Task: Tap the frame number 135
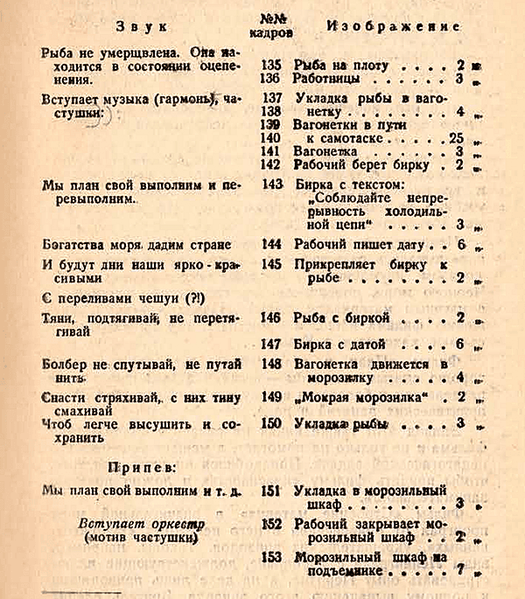(272, 65)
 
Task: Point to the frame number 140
(271, 137)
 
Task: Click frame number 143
(272, 185)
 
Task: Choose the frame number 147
(272, 344)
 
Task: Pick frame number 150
(272, 423)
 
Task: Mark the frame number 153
(272, 556)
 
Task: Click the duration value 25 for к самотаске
(453, 138)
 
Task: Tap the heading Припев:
(147, 465)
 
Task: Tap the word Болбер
(65, 363)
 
